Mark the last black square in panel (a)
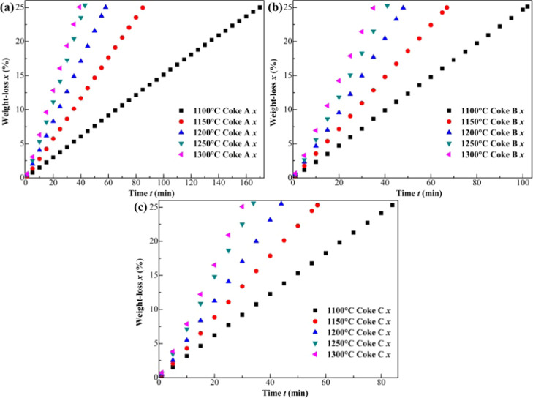[260, 7]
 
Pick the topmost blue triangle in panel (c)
[281, 204]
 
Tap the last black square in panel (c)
[392, 205]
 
